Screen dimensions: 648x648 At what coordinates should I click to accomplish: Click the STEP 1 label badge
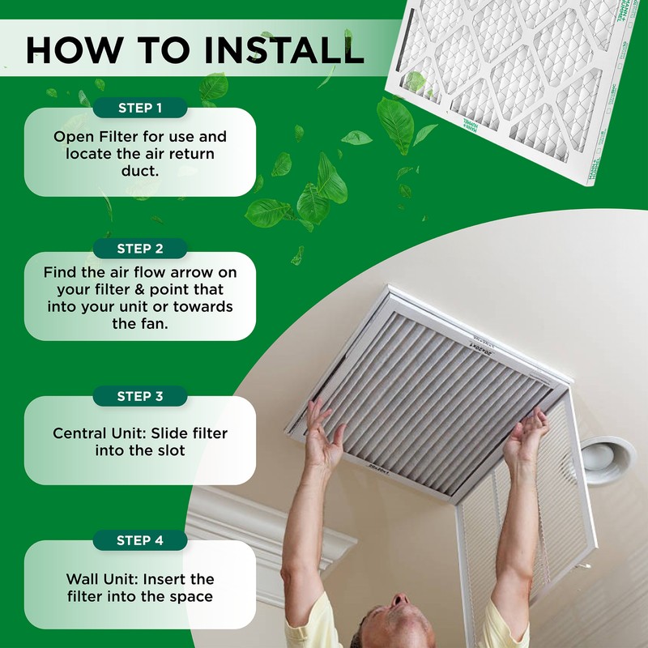pyautogui.click(x=140, y=108)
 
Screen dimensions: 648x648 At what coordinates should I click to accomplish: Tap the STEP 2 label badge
pyautogui.click(x=140, y=249)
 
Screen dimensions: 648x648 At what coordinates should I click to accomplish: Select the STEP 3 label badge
pyautogui.click(x=140, y=396)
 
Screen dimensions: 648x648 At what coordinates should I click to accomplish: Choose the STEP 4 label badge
pyautogui.click(x=140, y=540)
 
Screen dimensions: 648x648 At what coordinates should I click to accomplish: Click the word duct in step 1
pyautogui.click(x=140, y=172)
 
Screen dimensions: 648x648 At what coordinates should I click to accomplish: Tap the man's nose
pyautogui.click(x=399, y=602)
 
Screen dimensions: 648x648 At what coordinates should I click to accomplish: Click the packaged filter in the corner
pyautogui.click(x=518, y=81)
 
